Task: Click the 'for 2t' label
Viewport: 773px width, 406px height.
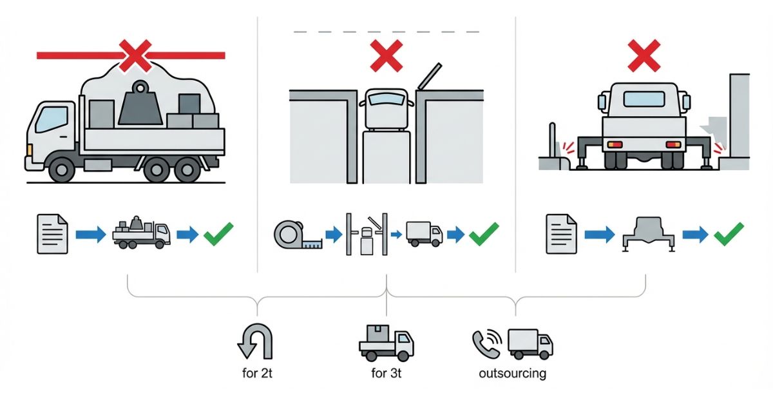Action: pyautogui.click(x=257, y=373)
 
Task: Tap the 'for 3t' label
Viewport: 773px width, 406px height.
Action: pyautogui.click(x=386, y=373)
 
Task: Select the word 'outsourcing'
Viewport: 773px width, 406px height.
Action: pyautogui.click(x=513, y=374)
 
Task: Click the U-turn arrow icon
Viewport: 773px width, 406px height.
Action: pyautogui.click(x=255, y=341)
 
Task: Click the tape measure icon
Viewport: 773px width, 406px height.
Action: pyautogui.click(x=298, y=235)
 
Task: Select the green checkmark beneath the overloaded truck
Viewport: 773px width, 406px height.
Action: pyautogui.click(x=218, y=234)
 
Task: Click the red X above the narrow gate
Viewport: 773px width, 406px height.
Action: pyautogui.click(x=386, y=55)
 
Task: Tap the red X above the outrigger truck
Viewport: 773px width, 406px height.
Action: pyautogui.click(x=644, y=55)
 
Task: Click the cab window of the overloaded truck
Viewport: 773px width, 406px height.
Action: pyautogui.click(x=52, y=119)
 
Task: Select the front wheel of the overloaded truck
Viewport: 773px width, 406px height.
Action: pyautogui.click(x=62, y=169)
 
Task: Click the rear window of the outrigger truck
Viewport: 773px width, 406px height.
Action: pyautogui.click(x=644, y=99)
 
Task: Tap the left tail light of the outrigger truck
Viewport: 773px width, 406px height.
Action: pyautogui.click(x=615, y=144)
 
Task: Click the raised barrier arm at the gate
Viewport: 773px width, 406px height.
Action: pyautogui.click(x=429, y=76)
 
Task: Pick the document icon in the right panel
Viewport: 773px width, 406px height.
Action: pyautogui.click(x=562, y=234)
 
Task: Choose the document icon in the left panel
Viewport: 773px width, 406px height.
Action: pyautogui.click(x=52, y=234)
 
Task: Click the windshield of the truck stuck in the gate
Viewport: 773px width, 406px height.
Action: pyautogui.click(x=386, y=99)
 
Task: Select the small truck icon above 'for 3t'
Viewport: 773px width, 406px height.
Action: pyautogui.click(x=386, y=342)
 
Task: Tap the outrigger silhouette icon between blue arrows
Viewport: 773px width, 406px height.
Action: pyautogui.click(x=649, y=235)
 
